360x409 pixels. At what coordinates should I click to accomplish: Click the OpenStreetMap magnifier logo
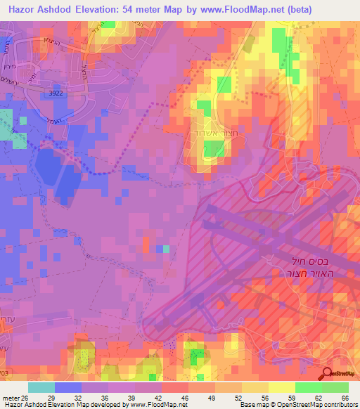point(328,375)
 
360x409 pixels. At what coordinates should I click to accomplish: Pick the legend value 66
point(344,398)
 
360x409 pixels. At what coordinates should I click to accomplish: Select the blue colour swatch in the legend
point(68,387)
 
